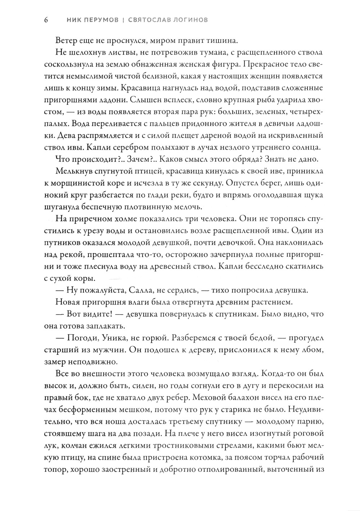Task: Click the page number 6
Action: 46,20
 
